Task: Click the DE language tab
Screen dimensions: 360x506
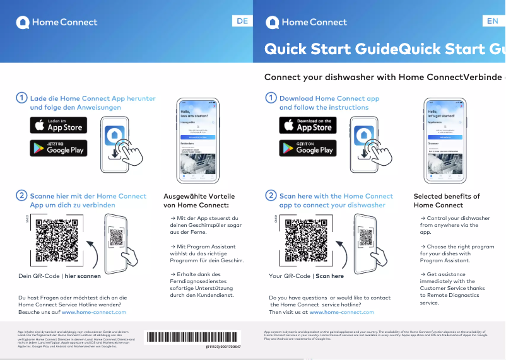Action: pyautogui.click(x=242, y=21)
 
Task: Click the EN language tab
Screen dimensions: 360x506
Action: pyautogui.click(x=492, y=21)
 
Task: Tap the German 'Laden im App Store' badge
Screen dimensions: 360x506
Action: pyautogui.click(x=59, y=125)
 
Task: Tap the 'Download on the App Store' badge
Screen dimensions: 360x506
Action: pyautogui.click(x=308, y=125)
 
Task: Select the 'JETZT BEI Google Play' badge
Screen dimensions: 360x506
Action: pyautogui.click(x=59, y=148)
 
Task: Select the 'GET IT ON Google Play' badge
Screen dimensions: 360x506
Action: pyautogui.click(x=308, y=148)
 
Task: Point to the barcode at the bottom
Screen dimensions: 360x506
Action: pyautogui.click(x=193, y=337)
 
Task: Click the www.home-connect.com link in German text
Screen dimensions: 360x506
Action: pyautogui.click(x=94, y=312)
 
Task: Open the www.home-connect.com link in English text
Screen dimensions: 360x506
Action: pyautogui.click(x=341, y=312)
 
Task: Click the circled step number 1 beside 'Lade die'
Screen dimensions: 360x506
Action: pyautogui.click(x=21, y=98)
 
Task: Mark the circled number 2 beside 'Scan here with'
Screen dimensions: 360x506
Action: pyautogui.click(x=271, y=196)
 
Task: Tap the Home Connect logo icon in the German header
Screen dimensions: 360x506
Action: pyautogui.click(x=23, y=22)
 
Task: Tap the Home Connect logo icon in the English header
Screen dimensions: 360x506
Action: pyautogui.click(x=273, y=22)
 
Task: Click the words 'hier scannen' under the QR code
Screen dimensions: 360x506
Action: pyautogui.click(x=83, y=276)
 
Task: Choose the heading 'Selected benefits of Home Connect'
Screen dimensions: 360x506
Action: pyautogui.click(x=447, y=200)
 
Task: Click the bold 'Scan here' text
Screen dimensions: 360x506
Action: pyautogui.click(x=330, y=276)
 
